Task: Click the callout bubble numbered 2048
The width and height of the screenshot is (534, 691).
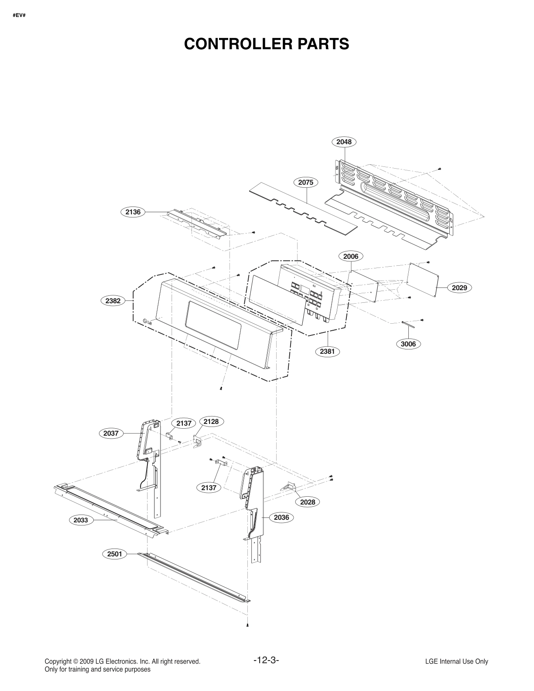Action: point(344,142)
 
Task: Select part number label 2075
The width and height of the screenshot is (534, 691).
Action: point(305,183)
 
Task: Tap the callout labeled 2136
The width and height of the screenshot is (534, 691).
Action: point(133,212)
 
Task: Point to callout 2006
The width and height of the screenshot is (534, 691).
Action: point(350,256)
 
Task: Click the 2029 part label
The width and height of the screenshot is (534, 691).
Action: point(459,288)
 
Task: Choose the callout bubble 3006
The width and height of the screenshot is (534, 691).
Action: point(408,344)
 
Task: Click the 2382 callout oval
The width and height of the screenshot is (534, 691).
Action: point(113,301)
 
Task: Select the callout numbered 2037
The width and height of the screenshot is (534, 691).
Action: point(111,434)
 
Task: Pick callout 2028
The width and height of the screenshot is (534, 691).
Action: point(308,502)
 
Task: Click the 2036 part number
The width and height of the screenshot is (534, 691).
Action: point(281,517)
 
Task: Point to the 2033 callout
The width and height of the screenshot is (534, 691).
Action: point(81,520)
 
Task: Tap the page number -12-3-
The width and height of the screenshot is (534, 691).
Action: point(266,660)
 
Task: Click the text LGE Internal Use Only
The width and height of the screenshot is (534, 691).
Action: point(456,661)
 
